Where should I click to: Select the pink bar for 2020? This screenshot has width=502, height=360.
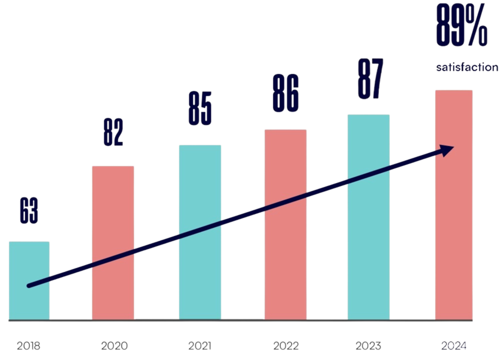[113, 242]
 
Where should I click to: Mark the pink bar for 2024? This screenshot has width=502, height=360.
[454, 225]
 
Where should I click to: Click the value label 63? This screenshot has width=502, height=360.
[29, 211]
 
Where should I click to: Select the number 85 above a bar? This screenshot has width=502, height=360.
[200, 110]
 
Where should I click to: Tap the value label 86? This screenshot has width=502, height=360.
[286, 93]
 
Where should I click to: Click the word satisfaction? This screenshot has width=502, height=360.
[467, 67]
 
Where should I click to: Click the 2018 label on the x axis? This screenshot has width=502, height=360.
[29, 345]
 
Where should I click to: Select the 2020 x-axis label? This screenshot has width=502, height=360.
[114, 345]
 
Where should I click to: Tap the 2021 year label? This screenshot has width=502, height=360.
[200, 345]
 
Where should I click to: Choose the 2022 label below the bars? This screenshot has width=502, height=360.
[286, 345]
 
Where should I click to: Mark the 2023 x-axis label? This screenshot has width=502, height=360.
[368, 345]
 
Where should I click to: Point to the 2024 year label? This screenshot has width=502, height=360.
[454, 345]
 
